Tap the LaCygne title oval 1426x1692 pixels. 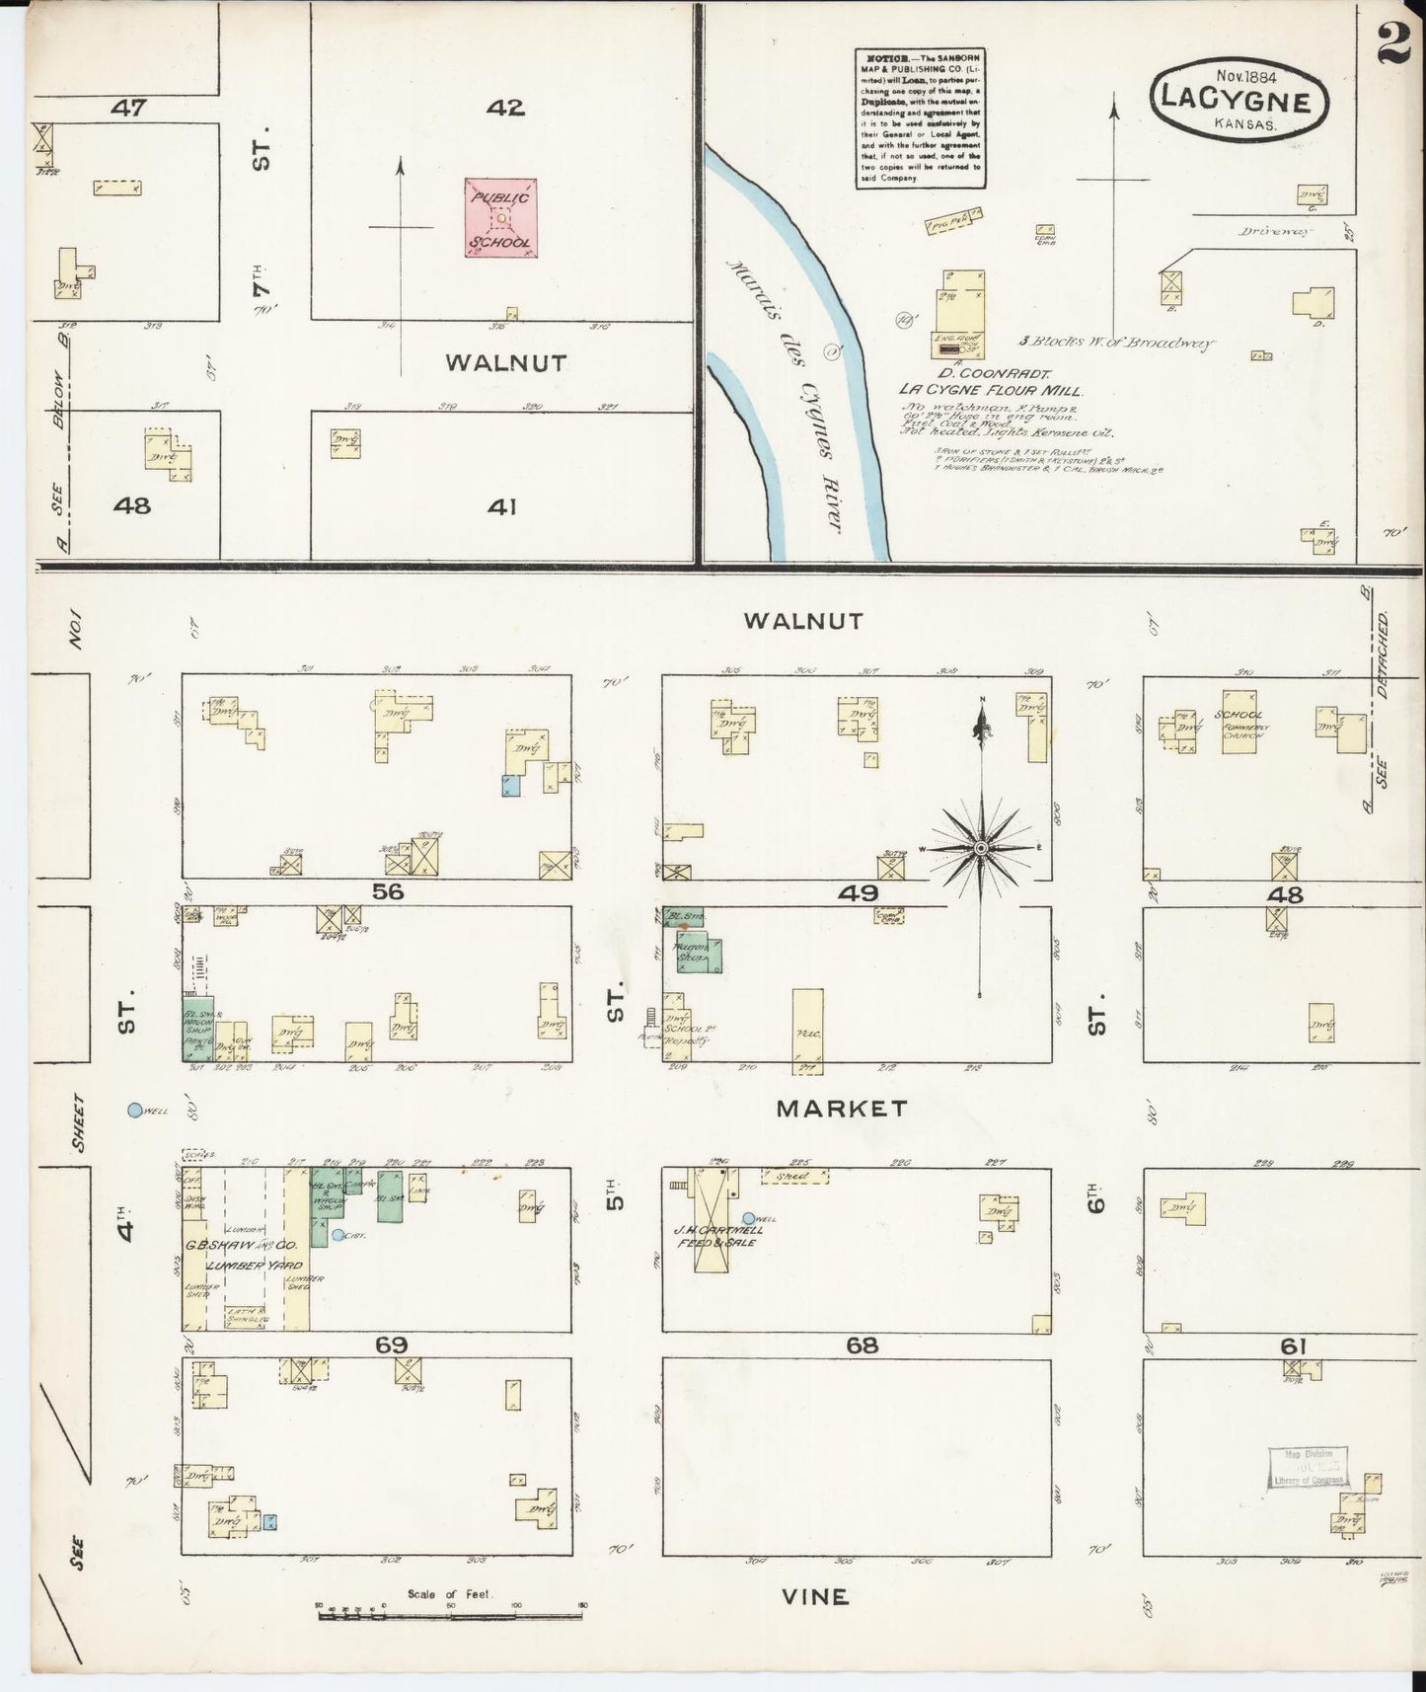click(1239, 101)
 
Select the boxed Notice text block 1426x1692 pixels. click(919, 117)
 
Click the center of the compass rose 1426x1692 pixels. click(981, 848)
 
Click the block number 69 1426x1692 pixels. click(391, 1345)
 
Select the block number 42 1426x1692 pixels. click(504, 108)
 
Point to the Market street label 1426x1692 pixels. click(842, 1108)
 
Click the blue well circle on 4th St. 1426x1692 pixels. click(134, 1110)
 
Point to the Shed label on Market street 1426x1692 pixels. click(793, 1176)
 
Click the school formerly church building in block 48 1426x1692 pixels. click(1239, 723)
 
